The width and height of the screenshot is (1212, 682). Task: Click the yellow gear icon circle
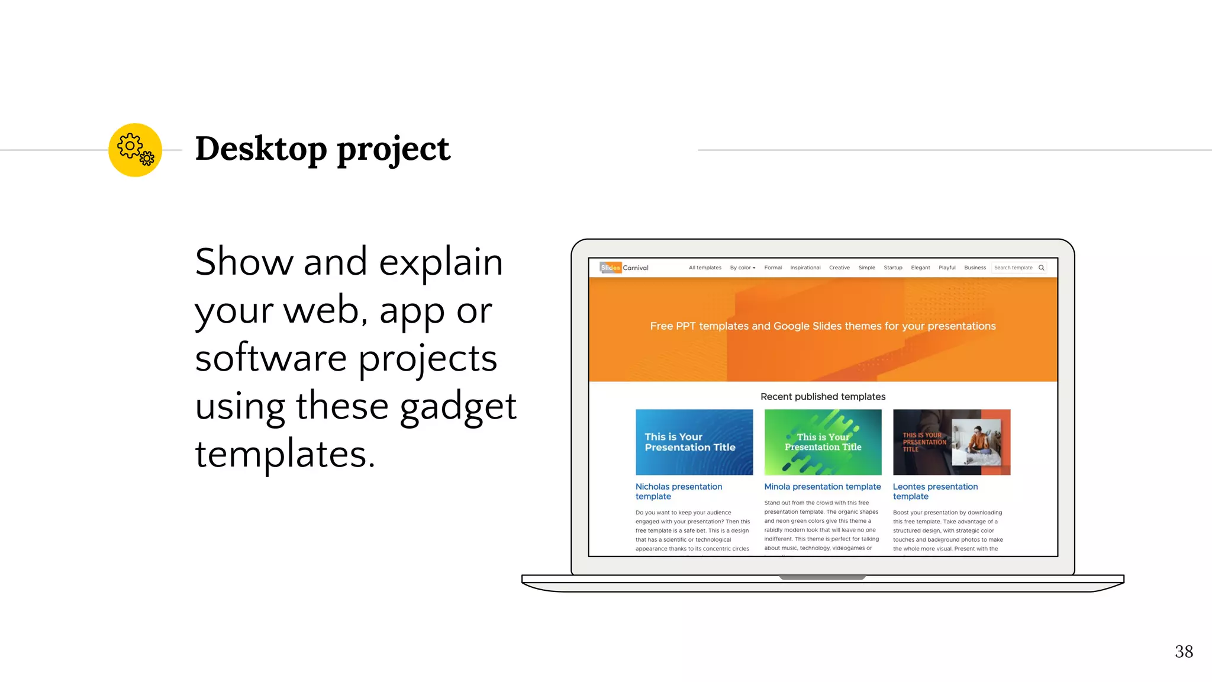click(135, 150)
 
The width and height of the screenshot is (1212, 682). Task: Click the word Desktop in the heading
click(261, 149)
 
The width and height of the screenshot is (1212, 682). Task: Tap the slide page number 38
click(1184, 652)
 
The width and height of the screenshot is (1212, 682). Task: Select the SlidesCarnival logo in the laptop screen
click(624, 268)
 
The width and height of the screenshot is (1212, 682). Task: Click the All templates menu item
click(705, 268)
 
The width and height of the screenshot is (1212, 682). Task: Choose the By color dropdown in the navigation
click(742, 268)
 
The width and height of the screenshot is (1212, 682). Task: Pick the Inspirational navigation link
click(805, 268)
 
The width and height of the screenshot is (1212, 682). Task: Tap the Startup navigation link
click(892, 268)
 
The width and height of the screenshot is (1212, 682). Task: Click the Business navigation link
click(975, 268)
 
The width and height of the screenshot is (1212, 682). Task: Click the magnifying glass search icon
click(1042, 268)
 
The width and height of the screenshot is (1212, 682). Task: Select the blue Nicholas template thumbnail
click(694, 442)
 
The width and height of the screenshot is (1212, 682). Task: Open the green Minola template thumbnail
click(823, 442)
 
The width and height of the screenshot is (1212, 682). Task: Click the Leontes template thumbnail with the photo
click(952, 442)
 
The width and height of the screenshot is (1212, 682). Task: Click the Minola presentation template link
click(822, 487)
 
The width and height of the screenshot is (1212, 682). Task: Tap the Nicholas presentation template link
click(678, 491)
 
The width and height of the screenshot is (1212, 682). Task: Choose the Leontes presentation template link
click(935, 491)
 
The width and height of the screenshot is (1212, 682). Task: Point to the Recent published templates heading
click(823, 397)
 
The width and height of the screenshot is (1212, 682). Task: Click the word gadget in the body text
click(458, 407)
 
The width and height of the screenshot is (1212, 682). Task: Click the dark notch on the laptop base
click(822, 577)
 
